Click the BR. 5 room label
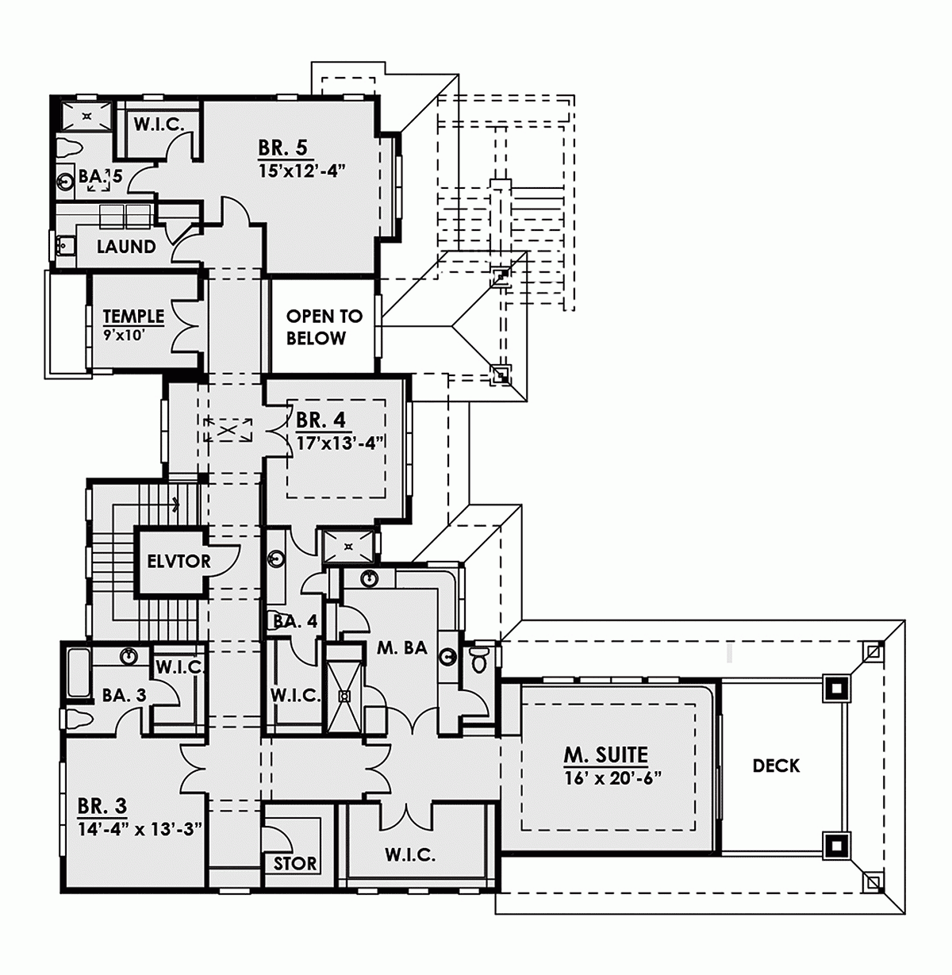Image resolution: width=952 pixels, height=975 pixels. pos(282,148)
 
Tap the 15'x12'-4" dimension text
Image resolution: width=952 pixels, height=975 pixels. pos(301,170)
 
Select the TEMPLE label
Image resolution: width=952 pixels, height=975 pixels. pos(133,316)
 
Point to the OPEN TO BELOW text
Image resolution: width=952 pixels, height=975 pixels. pos(324,327)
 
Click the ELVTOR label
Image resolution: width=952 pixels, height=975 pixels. pos(178,562)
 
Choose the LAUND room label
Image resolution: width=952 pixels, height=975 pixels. pos(126,247)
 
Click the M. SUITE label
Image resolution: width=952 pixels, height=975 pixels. pos(606,754)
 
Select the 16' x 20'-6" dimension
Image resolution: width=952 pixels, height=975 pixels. pos(613,777)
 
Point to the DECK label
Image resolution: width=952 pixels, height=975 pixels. pos(776,766)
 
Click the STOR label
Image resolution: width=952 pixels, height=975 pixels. pos(294,863)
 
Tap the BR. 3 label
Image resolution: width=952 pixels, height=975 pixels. pos(102,807)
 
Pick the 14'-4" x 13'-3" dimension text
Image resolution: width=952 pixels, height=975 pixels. pos(140,829)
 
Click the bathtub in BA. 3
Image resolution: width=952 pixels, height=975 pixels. pos(77,674)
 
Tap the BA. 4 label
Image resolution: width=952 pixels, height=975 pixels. pos(295,621)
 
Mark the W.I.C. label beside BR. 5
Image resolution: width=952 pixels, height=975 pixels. pos(159,125)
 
